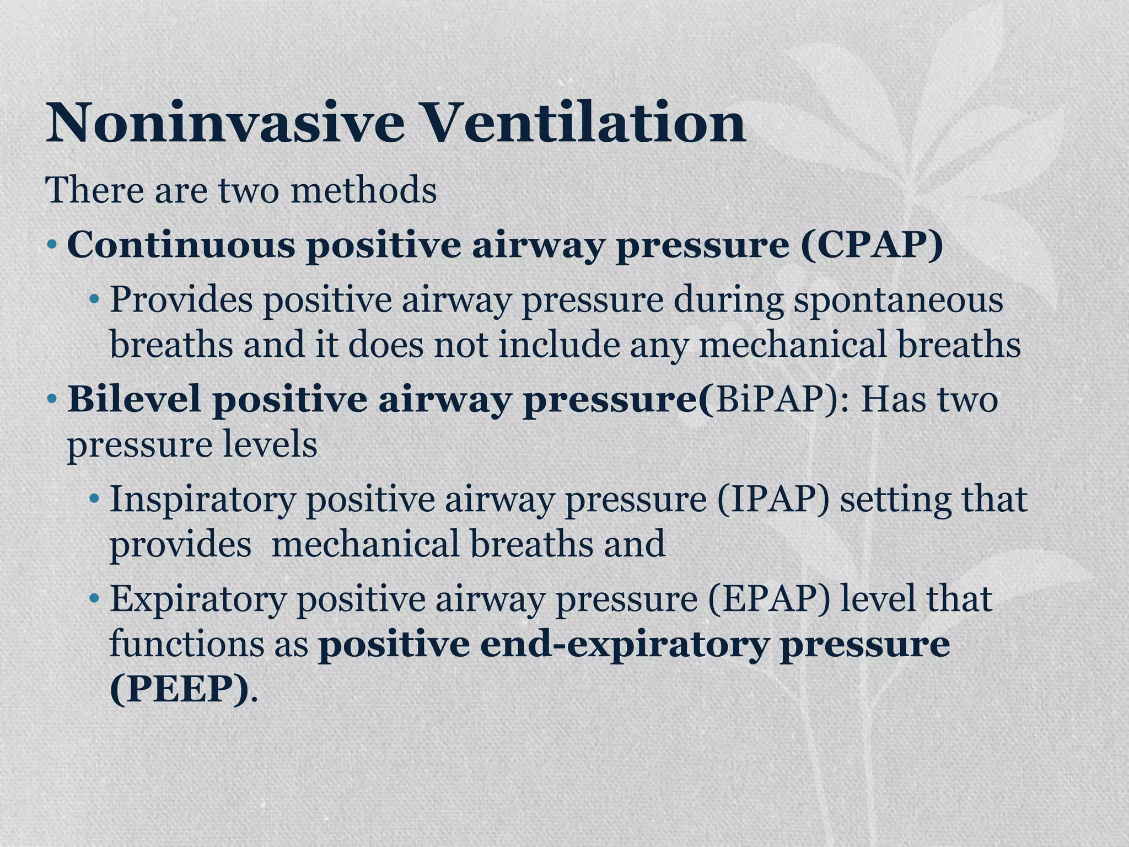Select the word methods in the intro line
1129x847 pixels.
pyautogui.click(x=363, y=190)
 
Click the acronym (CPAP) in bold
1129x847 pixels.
pyautogui.click(x=872, y=244)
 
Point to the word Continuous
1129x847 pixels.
pyautogui.click(x=181, y=244)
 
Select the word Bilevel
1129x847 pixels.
pyautogui.click(x=133, y=399)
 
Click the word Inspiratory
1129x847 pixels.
pyautogui.click(x=202, y=500)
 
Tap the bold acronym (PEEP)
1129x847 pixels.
pyautogui.click(x=179, y=689)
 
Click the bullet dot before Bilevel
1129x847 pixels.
pyautogui.click(x=52, y=399)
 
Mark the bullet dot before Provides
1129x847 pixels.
pyautogui.click(x=95, y=301)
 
